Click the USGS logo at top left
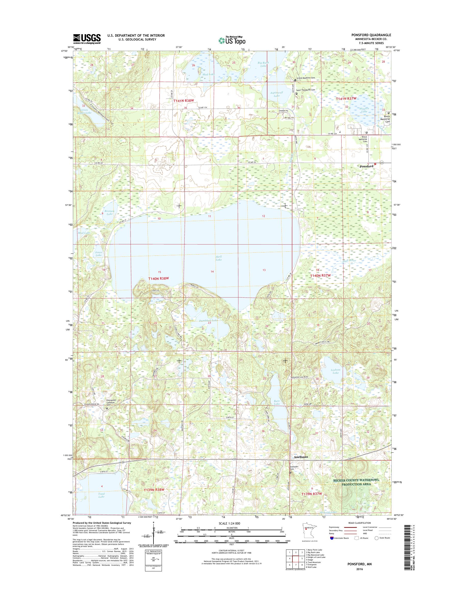pyautogui.click(x=87, y=39)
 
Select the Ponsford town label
pyautogui.click(x=366, y=166)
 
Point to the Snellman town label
pyautogui.click(x=301, y=457)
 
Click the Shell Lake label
pyautogui.click(x=219, y=258)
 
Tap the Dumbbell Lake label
pyautogui.click(x=208, y=321)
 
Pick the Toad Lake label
pyautogui.click(x=101, y=495)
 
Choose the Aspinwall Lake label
pyautogui.click(x=277, y=94)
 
